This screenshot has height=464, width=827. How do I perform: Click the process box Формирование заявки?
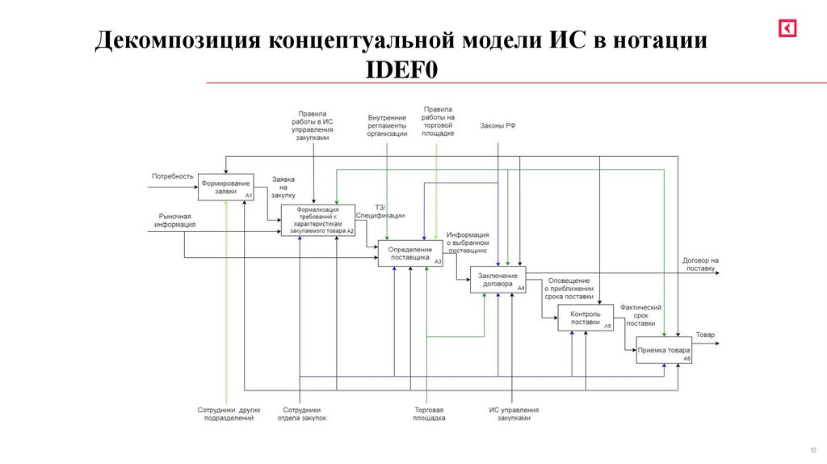coord(226,187)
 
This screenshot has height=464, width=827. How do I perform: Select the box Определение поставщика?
coord(410,253)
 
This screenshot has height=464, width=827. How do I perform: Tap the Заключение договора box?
coord(498,280)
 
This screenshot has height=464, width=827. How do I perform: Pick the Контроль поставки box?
coord(586,318)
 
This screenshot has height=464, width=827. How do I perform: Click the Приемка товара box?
coord(664,350)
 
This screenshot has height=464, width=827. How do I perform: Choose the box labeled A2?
coord(317,220)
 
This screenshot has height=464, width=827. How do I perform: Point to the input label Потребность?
coord(172,176)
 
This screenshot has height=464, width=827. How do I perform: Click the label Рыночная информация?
coord(175,221)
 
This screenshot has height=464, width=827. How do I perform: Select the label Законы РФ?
coord(497,126)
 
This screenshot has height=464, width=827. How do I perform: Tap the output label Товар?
coord(705,335)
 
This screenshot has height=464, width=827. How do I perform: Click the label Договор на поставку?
coord(699,264)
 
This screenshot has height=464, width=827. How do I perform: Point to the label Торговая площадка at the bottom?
coord(429,414)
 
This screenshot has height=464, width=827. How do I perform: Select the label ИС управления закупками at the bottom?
coord(514,414)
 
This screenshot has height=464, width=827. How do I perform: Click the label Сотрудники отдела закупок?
coord(302,414)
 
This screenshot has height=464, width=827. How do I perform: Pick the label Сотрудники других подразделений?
coord(229,414)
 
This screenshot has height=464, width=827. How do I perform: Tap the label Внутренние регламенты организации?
coord(387,126)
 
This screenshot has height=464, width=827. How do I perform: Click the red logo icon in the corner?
coord(787,28)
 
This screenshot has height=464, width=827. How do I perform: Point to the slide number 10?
coord(812,450)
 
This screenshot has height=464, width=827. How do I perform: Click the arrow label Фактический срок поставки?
coord(641,315)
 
